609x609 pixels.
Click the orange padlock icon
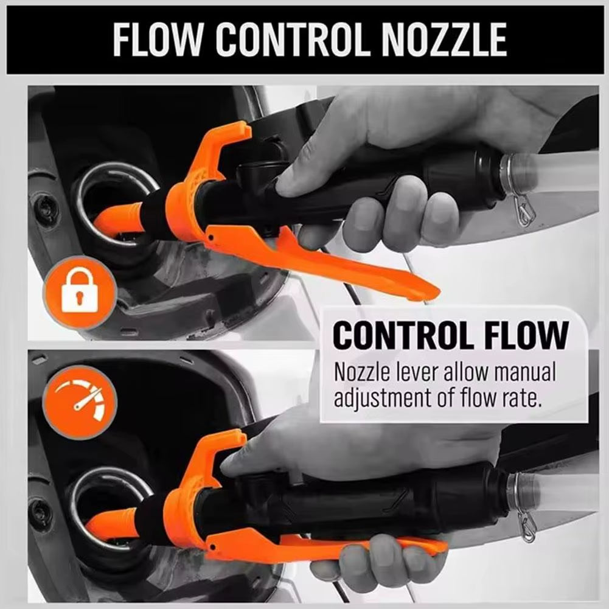78,293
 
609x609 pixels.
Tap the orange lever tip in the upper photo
420,291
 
